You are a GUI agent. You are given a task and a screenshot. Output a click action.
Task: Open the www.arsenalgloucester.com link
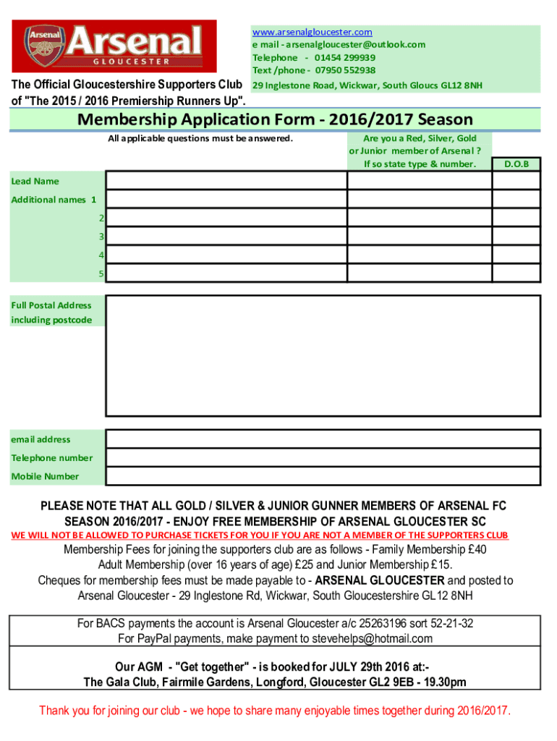click(x=312, y=32)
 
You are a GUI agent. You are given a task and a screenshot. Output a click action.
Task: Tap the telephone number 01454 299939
click(x=344, y=57)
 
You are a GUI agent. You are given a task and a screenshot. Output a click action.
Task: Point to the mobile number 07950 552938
click(x=344, y=70)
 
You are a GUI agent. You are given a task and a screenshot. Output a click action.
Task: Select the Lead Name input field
click(x=226, y=181)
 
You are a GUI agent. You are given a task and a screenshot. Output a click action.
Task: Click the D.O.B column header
click(x=516, y=164)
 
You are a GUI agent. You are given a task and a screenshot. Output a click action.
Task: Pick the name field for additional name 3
click(x=226, y=237)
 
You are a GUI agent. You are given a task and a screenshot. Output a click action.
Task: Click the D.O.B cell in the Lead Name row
click(x=516, y=181)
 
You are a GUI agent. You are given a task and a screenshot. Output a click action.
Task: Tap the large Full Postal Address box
click(x=323, y=357)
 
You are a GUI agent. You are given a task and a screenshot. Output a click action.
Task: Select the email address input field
click(x=323, y=439)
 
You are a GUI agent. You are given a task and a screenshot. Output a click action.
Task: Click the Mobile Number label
click(x=45, y=476)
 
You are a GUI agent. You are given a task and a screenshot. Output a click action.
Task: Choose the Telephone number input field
click(x=323, y=458)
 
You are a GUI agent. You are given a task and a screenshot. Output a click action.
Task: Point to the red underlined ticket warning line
click(x=259, y=535)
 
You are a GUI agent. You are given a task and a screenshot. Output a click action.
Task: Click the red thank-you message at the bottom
click(x=275, y=711)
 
